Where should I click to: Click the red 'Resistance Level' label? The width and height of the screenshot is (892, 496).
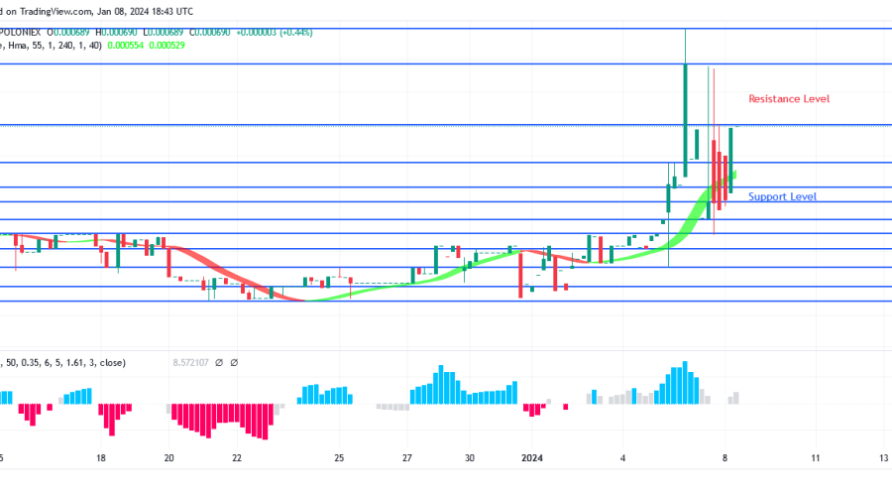(x=788, y=99)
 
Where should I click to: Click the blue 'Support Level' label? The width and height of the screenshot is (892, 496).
(x=782, y=196)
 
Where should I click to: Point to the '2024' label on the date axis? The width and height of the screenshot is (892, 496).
(x=533, y=458)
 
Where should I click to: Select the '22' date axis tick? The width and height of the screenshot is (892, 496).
(x=237, y=458)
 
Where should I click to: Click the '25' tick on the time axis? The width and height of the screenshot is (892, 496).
(x=339, y=458)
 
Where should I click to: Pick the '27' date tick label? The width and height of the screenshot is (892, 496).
(x=407, y=458)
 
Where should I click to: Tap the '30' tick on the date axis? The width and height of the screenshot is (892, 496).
(x=470, y=458)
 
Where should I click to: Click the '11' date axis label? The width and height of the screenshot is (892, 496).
(x=815, y=458)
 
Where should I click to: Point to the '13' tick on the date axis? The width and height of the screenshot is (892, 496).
(x=883, y=458)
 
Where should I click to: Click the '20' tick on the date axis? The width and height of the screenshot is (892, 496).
(x=169, y=458)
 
